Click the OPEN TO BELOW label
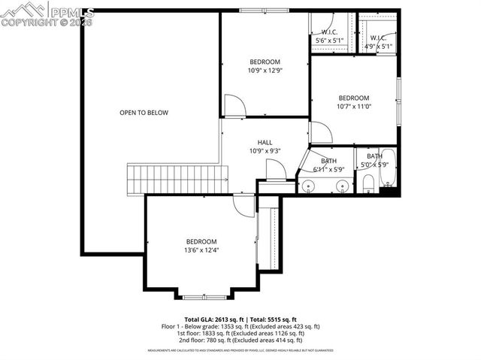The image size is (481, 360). coord(144,113)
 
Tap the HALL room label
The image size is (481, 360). coord(265,142)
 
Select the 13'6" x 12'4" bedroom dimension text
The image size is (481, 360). coord(201,250)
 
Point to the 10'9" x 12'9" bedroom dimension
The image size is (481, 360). coord(265,71)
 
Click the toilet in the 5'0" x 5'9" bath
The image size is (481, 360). coord(368,183)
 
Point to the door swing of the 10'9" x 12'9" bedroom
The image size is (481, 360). coord(234,105)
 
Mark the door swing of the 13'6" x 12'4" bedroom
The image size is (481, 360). coord(244,204)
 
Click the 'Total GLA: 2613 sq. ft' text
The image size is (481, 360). coord(212,319)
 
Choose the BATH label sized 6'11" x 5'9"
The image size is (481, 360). coord(329,161)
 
